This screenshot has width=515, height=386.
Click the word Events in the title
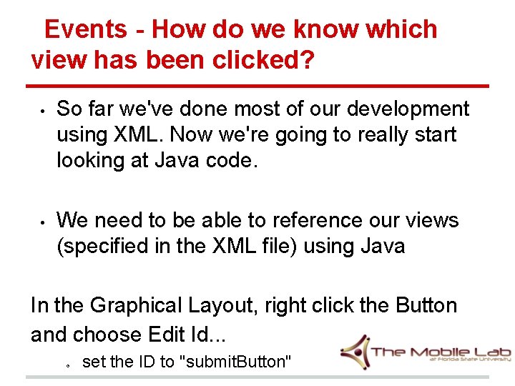pyautogui.click(x=85, y=29)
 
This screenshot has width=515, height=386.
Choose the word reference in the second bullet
pyautogui.click(x=317, y=220)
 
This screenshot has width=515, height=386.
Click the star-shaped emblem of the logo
pyautogui.click(x=354, y=352)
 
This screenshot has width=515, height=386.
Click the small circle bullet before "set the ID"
pyautogui.click(x=67, y=364)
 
